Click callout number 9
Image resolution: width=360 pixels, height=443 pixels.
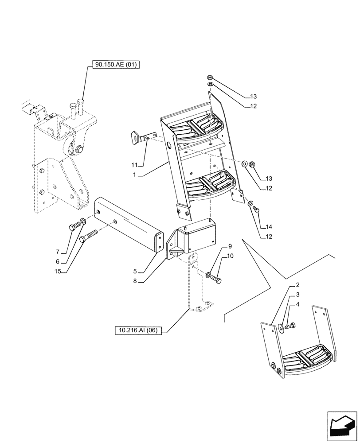[230, 246]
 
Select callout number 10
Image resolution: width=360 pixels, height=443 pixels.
[230, 256]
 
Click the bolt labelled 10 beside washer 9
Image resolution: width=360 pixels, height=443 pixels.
[217, 279]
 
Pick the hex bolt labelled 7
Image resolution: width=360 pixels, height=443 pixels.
[73, 227]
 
